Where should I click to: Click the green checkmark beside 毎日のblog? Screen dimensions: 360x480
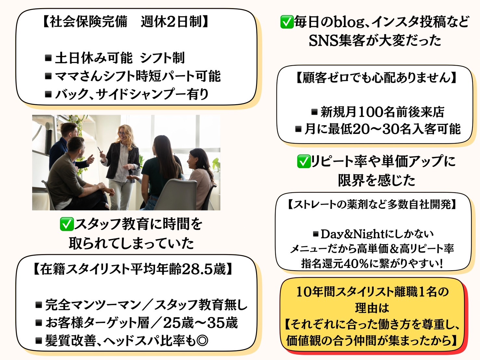point(287,22)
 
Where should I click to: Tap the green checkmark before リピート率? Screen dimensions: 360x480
point(304,161)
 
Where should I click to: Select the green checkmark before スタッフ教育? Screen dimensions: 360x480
point(66,224)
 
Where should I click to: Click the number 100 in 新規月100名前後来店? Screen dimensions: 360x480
point(370,112)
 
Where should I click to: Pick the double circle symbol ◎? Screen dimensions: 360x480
point(202,341)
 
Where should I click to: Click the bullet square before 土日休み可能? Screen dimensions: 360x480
point(48,58)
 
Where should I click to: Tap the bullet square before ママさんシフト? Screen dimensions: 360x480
point(48,76)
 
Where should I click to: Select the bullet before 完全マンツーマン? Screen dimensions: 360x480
point(39,305)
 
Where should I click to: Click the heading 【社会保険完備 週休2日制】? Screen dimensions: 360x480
point(125,22)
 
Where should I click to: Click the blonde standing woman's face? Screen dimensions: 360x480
point(122,133)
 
